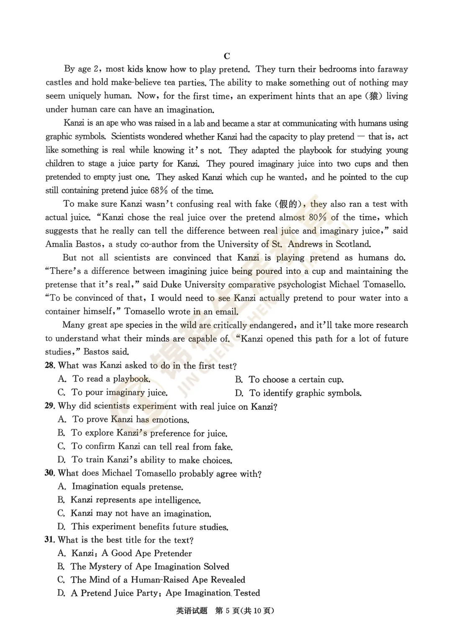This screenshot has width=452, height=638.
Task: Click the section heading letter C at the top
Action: [227, 56]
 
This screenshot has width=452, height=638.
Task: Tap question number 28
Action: [50, 365]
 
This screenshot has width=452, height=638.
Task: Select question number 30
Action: [50, 473]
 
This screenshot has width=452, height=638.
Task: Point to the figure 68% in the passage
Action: [159, 191]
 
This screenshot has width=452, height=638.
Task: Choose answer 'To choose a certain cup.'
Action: [295, 380]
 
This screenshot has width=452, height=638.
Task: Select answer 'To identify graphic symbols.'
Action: [305, 393]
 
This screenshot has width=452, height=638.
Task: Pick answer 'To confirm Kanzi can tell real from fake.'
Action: [152, 447]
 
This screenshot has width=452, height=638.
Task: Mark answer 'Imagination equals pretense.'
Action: [127, 487]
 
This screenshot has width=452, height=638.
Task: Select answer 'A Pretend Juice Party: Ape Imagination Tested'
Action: [165, 593]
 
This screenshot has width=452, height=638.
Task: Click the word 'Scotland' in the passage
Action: [353, 244]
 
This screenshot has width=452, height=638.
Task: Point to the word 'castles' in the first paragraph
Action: [59, 82]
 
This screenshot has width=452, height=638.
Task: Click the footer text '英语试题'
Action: [192, 610]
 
